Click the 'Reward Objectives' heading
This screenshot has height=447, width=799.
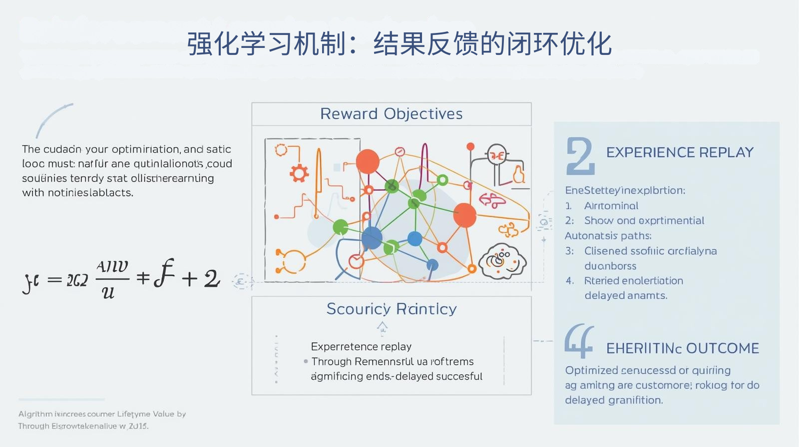pos(391,114)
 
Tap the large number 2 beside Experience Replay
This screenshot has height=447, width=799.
pos(580,156)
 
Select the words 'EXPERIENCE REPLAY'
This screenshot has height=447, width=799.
pos(680,152)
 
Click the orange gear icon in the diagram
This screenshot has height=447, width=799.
pos(299,173)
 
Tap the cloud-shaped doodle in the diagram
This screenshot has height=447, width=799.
pos(502,261)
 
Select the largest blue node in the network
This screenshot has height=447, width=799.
pos(372,238)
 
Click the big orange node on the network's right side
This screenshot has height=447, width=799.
pos(464,215)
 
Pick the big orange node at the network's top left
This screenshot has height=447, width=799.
pos(368,161)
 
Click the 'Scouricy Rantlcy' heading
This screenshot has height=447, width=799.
pos(391,309)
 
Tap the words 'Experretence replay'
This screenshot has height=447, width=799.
pos(361,346)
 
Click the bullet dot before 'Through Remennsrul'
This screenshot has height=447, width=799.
pos(306,361)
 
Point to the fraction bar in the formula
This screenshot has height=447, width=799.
pos(112,278)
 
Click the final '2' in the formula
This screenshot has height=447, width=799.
pos(211,278)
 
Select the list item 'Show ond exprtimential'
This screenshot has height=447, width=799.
pos(644,221)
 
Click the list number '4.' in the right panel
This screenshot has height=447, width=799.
pos(570,281)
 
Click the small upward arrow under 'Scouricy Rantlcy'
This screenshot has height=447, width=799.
pos(382,327)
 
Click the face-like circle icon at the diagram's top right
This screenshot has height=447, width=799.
pos(497,155)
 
